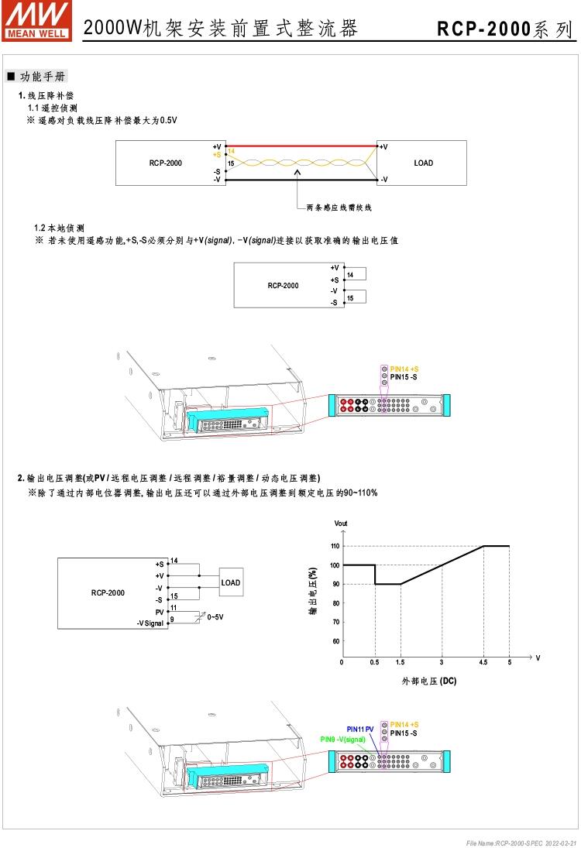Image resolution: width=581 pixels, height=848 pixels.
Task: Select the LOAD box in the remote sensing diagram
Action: click(x=422, y=163)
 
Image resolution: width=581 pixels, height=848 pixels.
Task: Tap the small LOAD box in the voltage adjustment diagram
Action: click(x=231, y=582)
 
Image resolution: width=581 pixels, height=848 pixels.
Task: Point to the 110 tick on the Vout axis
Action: click(x=335, y=546)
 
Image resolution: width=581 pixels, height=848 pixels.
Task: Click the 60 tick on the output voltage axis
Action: click(x=335, y=641)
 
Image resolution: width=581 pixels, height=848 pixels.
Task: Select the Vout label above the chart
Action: click(x=341, y=524)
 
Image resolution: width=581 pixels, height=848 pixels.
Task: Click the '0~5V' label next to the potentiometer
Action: click(x=216, y=617)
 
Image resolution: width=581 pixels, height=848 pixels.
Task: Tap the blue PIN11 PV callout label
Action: click(x=359, y=730)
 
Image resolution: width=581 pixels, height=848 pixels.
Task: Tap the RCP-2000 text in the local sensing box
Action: click(x=283, y=285)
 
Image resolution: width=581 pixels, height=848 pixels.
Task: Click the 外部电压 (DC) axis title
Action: click(x=428, y=681)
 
